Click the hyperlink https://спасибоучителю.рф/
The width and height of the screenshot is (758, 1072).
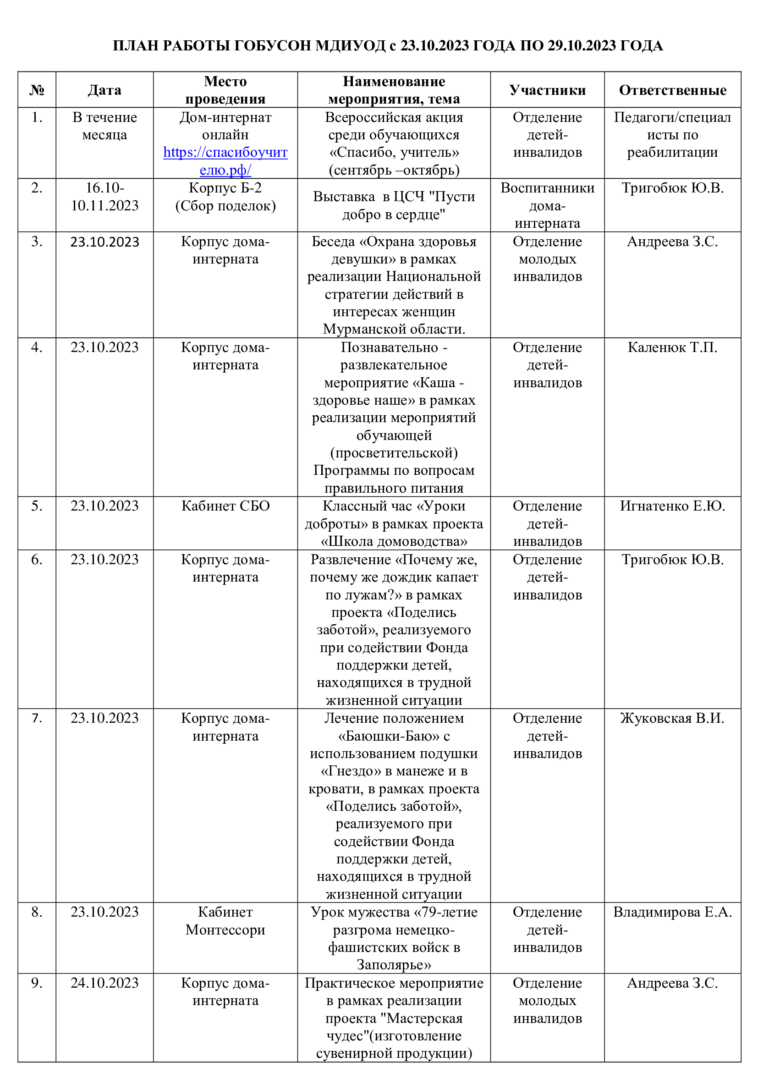point(225,161)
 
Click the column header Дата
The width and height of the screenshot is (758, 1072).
point(104,90)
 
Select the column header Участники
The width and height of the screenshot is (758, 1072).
point(547,90)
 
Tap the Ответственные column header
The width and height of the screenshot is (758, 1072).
point(672,90)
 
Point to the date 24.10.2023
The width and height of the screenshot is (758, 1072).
point(104,983)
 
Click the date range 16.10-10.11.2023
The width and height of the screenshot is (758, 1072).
point(104,197)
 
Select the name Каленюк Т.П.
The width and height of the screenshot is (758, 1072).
point(672,347)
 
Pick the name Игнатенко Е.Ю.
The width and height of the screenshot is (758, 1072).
point(672,506)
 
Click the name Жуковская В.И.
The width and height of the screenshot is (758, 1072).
point(672,718)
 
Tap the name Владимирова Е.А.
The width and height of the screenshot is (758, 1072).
point(672,912)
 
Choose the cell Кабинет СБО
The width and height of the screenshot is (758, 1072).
point(225,506)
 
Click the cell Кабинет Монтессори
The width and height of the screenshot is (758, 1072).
point(225,921)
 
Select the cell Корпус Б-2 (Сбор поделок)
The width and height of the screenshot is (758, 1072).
point(225,197)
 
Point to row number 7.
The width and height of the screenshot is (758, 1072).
point(37,718)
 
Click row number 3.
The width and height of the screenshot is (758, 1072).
point(37,242)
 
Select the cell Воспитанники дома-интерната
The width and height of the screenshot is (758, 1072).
point(547,205)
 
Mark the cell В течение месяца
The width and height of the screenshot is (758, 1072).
point(104,126)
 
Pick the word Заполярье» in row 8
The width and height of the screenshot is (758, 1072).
point(394,965)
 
